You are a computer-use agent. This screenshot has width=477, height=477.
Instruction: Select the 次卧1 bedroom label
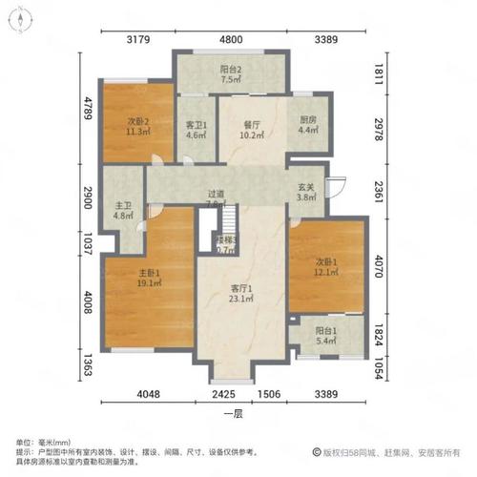click(x=326, y=266)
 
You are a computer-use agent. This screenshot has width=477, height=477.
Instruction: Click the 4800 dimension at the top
click(x=233, y=40)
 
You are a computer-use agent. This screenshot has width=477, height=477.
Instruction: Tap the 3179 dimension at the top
click(x=138, y=40)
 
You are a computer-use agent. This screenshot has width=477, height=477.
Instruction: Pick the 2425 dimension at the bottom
click(x=224, y=392)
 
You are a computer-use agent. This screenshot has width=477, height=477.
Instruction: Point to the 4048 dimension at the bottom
click(x=148, y=392)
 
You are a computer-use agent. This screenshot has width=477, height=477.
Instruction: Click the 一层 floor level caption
click(x=233, y=413)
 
